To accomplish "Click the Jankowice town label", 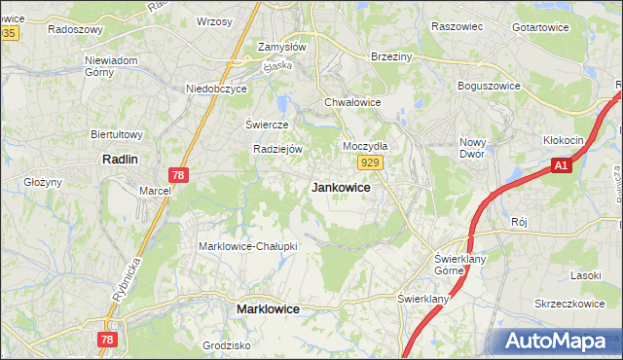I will [340, 188].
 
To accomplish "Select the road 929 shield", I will [368, 162].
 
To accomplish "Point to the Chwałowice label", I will [352, 101].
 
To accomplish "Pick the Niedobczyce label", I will [217, 89].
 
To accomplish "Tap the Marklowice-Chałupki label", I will [247, 246].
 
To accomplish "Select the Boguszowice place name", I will [493, 85].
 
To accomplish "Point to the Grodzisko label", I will [227, 345].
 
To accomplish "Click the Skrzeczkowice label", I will [569, 304].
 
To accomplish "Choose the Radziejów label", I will [279, 149].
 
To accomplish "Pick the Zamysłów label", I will [282, 47].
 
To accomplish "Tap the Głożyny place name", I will [43, 182].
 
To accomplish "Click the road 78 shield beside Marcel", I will [177, 174].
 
